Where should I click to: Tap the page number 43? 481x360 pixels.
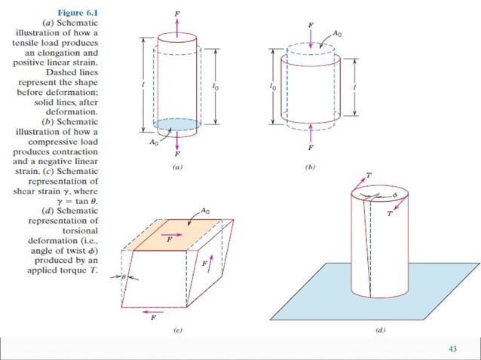click(x=452, y=347)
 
